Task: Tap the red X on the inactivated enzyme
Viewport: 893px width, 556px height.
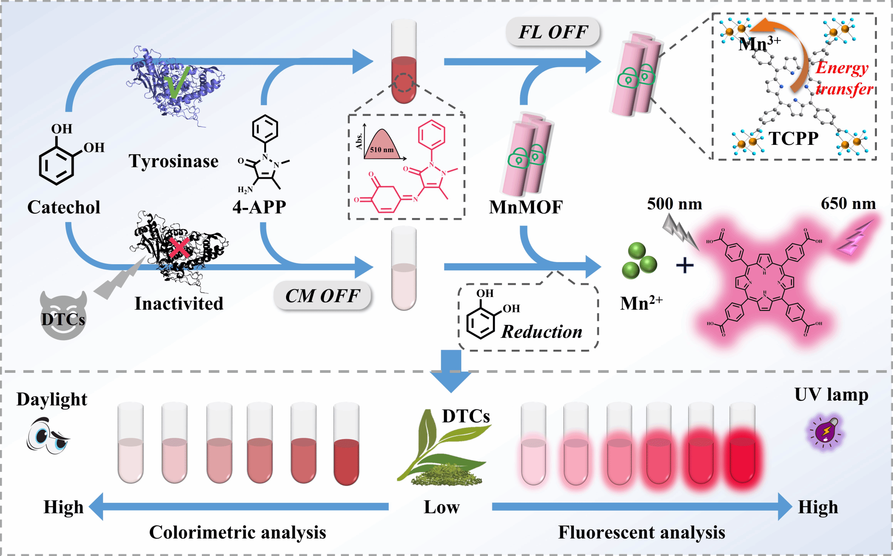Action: coord(179,248)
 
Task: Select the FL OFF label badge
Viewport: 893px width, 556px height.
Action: coord(552,32)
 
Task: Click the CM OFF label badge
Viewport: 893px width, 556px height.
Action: coord(322,296)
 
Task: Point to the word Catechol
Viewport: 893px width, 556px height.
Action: coord(64,207)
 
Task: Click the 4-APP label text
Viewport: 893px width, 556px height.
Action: coord(259,207)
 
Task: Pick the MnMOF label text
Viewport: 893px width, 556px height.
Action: coord(525,207)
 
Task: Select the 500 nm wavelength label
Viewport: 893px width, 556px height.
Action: coord(674,204)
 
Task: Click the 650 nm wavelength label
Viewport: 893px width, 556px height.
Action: coord(848,203)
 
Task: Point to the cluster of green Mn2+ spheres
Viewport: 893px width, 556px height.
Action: coord(639,261)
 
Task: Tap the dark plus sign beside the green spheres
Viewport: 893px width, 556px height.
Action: coord(685,265)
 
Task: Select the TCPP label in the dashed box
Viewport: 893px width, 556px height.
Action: coord(793,139)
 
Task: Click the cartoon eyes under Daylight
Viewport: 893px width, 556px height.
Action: coord(47,436)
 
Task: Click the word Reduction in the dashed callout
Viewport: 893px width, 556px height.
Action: coord(541,332)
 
